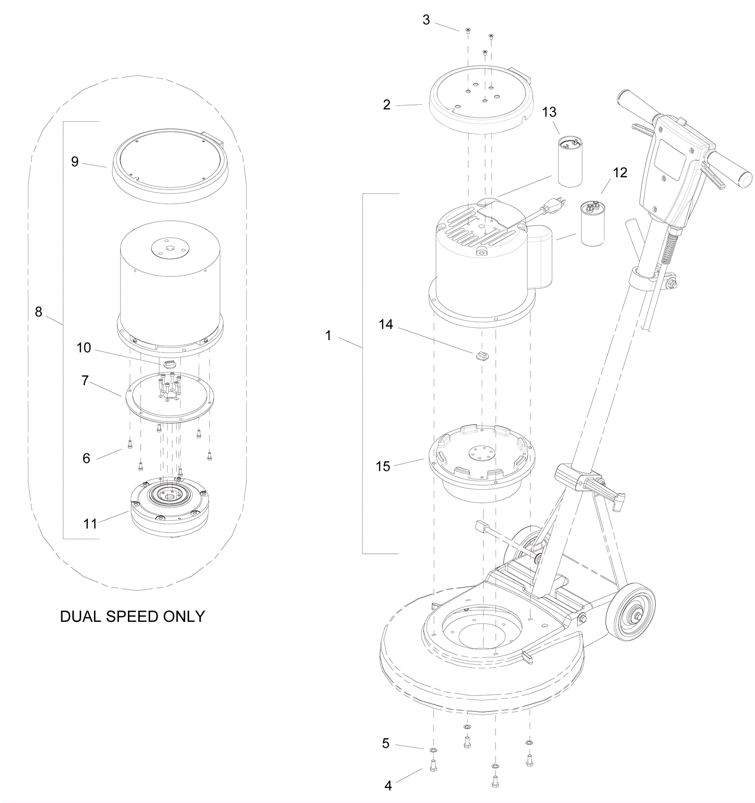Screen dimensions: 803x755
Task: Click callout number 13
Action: click(x=549, y=112)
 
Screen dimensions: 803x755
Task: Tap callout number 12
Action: click(x=620, y=173)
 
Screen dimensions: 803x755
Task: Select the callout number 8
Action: click(x=39, y=312)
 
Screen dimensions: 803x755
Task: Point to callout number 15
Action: click(x=383, y=467)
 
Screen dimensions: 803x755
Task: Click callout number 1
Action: click(x=328, y=336)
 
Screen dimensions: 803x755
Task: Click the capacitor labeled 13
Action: click(x=570, y=161)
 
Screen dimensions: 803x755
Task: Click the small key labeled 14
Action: click(x=482, y=355)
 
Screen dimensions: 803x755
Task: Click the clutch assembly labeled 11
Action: click(x=169, y=508)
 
